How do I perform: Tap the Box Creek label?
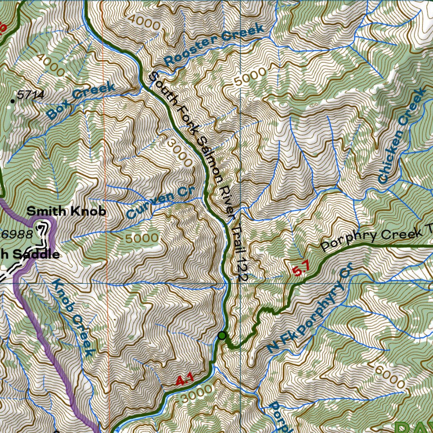click(x=80, y=101)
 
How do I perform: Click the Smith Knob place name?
click(x=66, y=211)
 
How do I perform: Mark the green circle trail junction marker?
click(x=222, y=336)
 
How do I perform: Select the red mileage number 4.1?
click(x=184, y=381)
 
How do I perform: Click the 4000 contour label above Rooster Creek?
click(x=144, y=22)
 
